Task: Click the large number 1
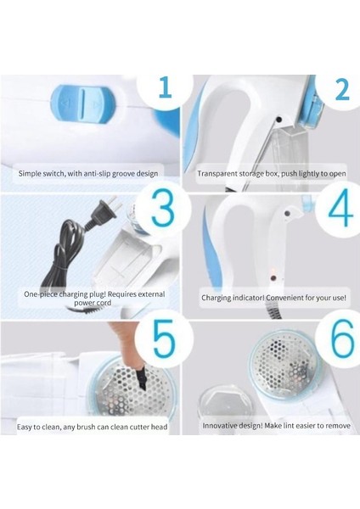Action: coord(166,87)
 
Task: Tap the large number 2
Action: coord(342,88)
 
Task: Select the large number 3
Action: coord(163,210)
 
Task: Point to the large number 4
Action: coord(340,210)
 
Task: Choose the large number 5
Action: coord(165,339)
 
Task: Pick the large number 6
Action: coord(341,338)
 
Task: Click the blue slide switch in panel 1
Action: coord(84,103)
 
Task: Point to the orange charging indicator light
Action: coord(273,271)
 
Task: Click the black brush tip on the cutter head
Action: coord(142,378)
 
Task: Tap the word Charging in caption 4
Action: coord(216,298)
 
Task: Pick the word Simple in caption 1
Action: coord(29,174)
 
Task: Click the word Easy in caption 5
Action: coord(25,427)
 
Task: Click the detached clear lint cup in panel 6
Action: coord(221,400)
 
